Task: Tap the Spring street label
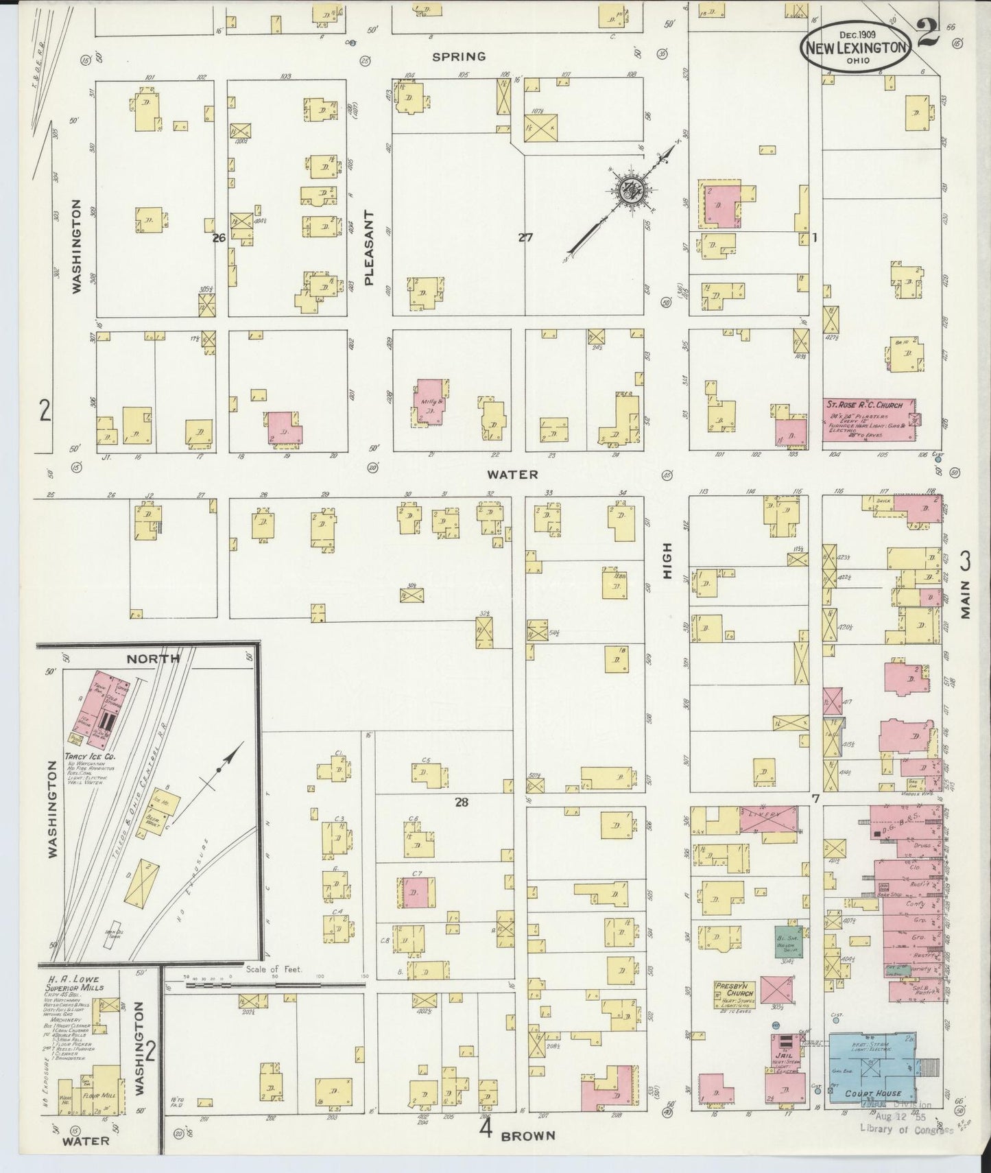coord(459,56)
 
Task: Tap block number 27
coord(525,238)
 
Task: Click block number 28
coord(462,801)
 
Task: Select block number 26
coord(219,238)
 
